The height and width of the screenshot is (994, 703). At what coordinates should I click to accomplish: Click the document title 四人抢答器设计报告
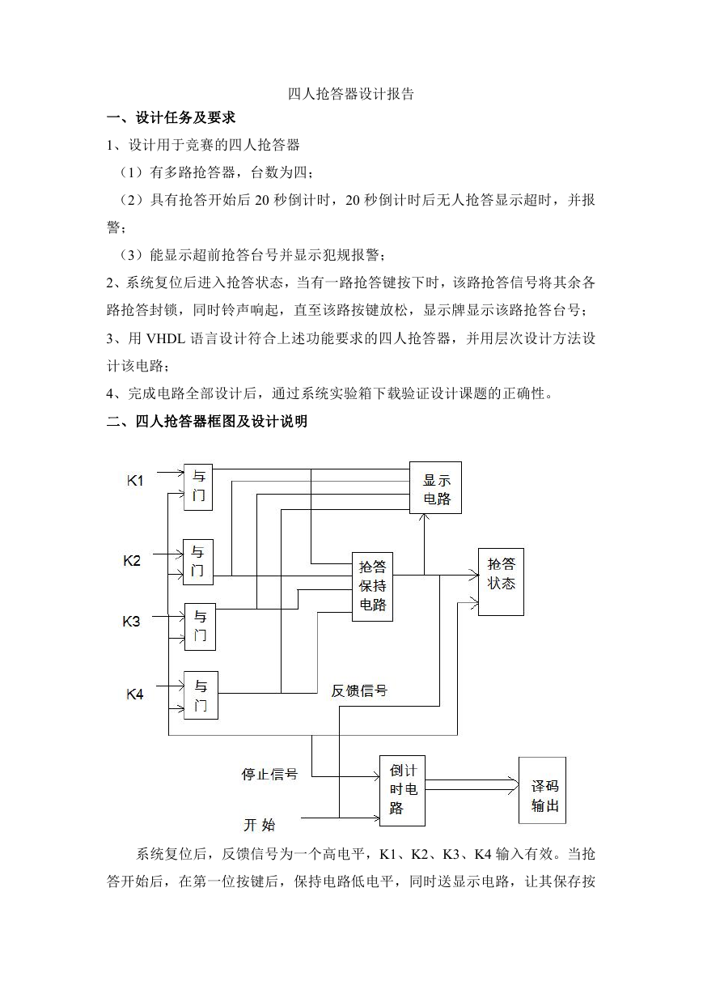coord(350,94)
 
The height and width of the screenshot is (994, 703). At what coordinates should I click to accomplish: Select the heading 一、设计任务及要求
coord(172,117)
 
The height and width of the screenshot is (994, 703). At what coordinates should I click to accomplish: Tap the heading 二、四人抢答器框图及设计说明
coord(207,421)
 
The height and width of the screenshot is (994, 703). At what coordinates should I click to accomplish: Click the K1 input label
coord(135,481)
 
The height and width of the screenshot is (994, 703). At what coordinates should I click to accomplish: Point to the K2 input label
coord(132,561)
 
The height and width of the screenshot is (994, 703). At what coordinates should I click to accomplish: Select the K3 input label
coord(131,622)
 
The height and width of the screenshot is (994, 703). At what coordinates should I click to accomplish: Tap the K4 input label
coord(135,694)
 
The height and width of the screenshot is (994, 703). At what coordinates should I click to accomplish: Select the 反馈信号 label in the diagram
coord(359,691)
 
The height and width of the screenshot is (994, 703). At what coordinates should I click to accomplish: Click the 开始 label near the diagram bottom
coord(260,825)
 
